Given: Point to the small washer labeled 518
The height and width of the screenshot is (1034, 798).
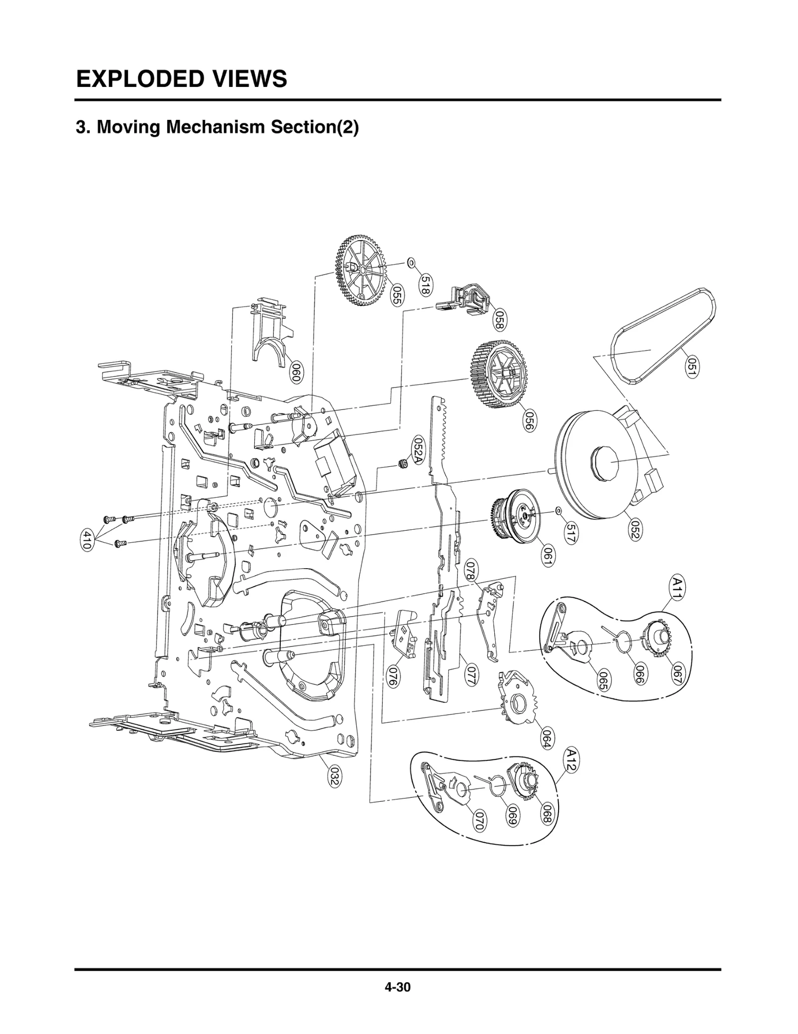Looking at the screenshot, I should [411, 262].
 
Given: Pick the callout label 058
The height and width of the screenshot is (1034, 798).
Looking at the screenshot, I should [500, 320].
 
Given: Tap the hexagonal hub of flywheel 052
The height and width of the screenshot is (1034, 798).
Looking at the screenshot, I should [604, 463].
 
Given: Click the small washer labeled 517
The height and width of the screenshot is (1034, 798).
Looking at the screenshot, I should [558, 511].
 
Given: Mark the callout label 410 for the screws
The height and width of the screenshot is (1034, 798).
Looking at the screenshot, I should [86, 540].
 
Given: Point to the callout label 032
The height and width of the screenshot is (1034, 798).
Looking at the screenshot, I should [334, 777].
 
